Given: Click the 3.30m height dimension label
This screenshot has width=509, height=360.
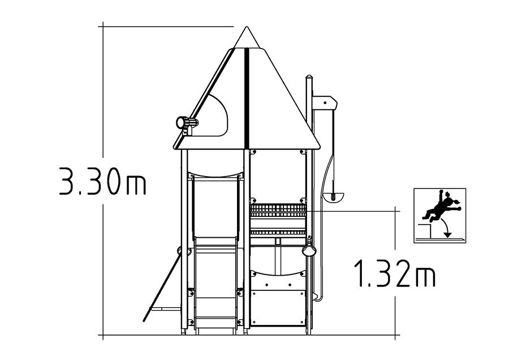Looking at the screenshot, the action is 102,181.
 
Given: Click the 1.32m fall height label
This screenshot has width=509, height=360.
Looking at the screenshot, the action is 395,273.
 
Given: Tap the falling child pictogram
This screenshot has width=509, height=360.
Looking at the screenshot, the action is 440,216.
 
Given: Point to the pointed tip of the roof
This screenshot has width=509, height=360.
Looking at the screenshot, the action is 247,27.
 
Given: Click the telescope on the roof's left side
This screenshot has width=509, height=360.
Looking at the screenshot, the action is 187,123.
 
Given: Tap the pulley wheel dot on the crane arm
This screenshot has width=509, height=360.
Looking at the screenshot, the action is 325,102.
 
